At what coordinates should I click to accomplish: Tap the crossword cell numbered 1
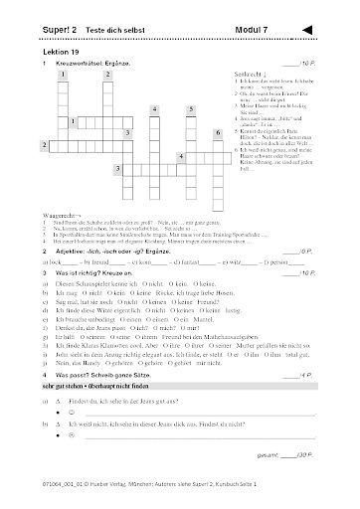63,75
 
